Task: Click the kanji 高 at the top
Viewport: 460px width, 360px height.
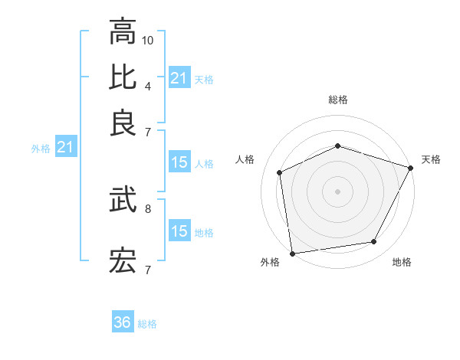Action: pos(123,33)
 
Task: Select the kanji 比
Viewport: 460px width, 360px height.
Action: pos(123,77)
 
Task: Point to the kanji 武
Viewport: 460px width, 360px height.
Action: pos(123,201)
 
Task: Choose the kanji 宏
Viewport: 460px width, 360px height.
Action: pos(123,260)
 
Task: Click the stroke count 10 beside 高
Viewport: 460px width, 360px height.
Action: pos(149,40)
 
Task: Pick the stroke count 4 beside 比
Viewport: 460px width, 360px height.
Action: pos(147,85)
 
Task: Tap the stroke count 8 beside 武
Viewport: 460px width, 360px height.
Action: pos(147,208)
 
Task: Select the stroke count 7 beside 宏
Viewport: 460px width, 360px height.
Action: pos(147,269)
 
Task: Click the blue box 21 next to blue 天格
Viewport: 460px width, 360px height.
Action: pos(179,78)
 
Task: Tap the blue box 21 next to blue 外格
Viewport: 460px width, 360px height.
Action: pos(65,147)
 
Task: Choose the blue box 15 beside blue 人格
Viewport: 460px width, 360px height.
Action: pos(179,162)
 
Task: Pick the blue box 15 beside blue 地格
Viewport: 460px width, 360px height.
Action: pos(179,231)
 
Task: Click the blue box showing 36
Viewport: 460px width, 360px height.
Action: pos(123,322)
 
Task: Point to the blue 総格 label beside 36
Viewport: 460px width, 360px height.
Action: pos(147,324)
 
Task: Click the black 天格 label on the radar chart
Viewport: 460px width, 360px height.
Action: pos(431,159)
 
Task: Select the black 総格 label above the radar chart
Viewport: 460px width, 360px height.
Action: pos(338,100)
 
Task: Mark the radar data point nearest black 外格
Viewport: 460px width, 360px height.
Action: pos(292,253)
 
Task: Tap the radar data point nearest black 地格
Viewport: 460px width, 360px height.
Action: pos(374,242)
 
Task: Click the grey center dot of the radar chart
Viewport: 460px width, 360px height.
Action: pos(338,191)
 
